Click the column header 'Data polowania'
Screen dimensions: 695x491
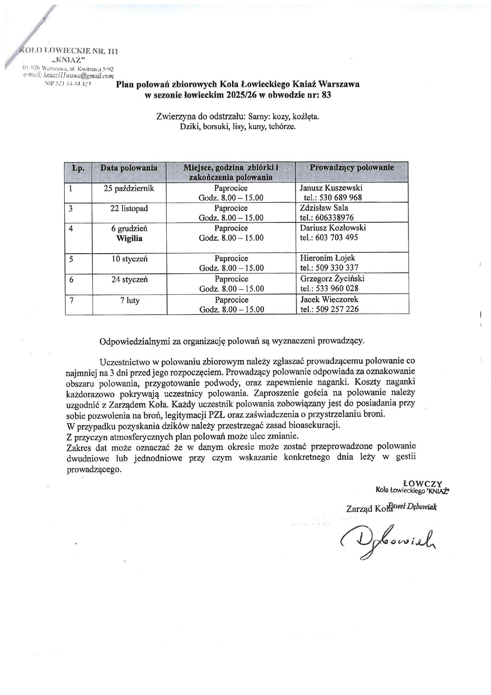pyautogui.click(x=129, y=168)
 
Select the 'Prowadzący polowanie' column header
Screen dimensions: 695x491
pyautogui.click(x=352, y=168)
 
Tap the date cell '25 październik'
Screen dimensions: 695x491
pyautogui.click(x=129, y=188)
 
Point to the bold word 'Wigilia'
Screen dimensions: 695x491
pyautogui.click(x=129, y=239)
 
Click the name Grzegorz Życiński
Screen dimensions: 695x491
pyautogui.click(x=332, y=279)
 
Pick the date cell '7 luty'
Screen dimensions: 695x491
pyautogui.click(x=130, y=300)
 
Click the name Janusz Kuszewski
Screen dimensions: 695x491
pyautogui.click(x=331, y=188)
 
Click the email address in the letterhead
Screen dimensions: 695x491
pyautogui.click(x=69, y=75)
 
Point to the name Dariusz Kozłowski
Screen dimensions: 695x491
pyautogui.click(x=333, y=228)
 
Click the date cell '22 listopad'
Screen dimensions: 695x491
pyautogui.click(x=129, y=208)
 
